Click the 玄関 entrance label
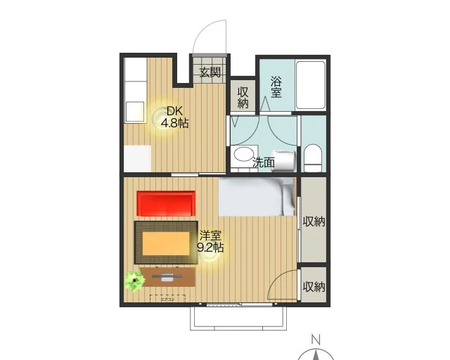pos(210,72)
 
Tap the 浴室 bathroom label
pos(276,86)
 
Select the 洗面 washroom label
pos(264,162)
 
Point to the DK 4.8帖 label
pos(174,117)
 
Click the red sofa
pos(166,204)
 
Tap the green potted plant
pos(134,281)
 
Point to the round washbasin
pos(244,155)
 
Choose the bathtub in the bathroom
pos(310,85)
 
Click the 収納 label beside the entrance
pos(243,96)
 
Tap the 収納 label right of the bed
pos(314,221)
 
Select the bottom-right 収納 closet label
pos(314,286)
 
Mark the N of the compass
pos(316,337)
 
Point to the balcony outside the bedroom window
pos(238,318)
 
